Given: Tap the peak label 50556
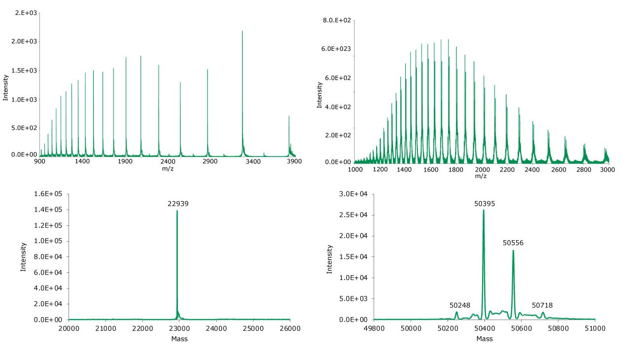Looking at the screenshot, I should click(x=513, y=243).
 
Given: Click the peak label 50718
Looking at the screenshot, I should click(x=542, y=305).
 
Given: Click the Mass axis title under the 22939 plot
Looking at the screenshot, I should click(x=179, y=339).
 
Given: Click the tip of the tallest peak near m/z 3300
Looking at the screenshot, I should click(x=243, y=31).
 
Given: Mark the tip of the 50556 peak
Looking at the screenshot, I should click(x=513, y=251).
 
